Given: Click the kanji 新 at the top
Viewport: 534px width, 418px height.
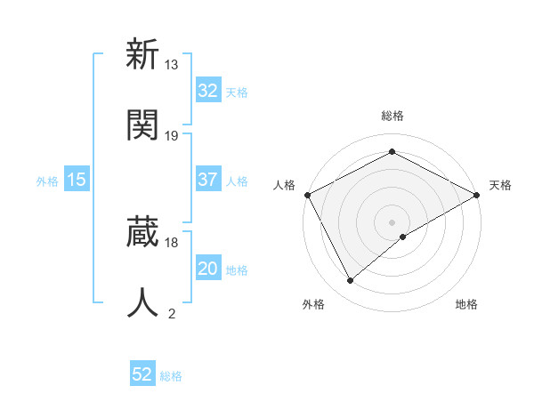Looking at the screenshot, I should coord(142,55).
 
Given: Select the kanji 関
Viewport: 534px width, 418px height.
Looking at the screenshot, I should coord(142,125).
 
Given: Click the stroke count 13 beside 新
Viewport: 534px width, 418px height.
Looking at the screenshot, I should coord(172,65).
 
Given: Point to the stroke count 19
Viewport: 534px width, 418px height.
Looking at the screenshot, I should coord(172,135).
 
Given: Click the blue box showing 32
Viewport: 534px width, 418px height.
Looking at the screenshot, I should coord(207,91).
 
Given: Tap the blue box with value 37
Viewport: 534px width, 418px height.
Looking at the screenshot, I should coord(207,180).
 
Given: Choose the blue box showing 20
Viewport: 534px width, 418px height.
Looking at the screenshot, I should coord(207,269).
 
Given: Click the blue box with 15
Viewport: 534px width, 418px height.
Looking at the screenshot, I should coord(77,180).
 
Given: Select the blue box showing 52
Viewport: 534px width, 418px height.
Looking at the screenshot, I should coord(142,374).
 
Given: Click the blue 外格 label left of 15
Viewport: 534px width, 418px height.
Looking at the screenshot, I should coord(47,181).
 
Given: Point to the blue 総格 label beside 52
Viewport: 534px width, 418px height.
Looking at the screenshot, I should coord(171,375).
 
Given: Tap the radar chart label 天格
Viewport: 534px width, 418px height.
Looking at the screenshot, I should coord(500,185).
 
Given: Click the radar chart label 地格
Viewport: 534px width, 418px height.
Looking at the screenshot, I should coord(466,304).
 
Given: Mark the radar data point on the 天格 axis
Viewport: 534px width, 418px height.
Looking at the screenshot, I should coord(478,194).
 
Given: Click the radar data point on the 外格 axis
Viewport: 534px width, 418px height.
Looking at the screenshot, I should coord(351,281).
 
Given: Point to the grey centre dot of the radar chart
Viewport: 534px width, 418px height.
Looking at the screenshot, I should coord(392,221).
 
